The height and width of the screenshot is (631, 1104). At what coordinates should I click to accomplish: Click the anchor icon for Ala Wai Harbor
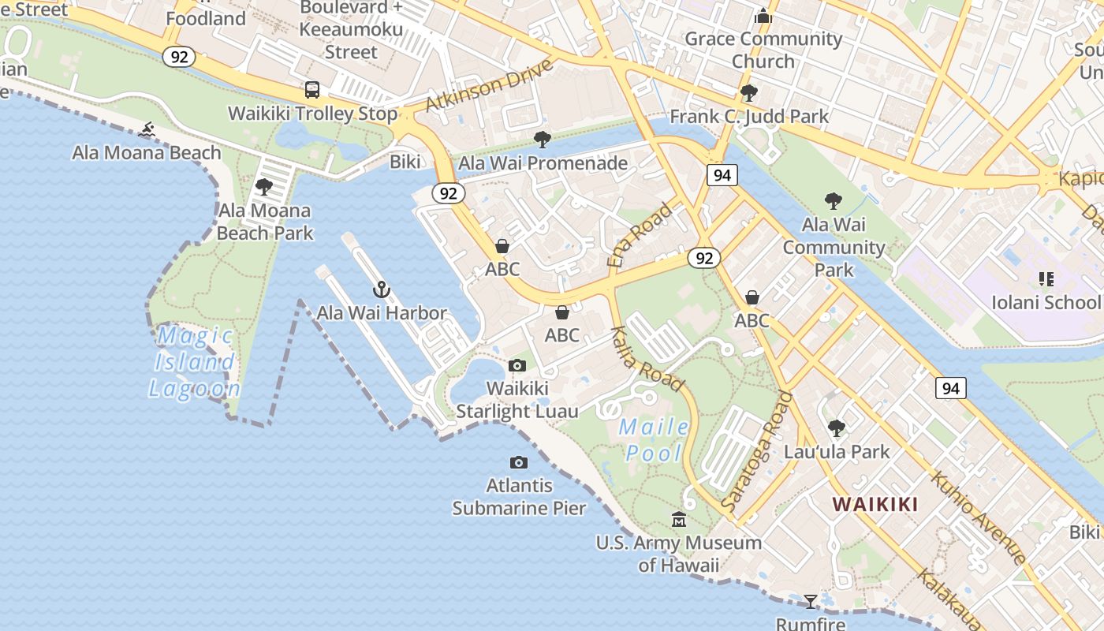(x=382, y=289)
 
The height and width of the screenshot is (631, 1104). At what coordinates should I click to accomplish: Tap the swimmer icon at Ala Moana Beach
(x=147, y=129)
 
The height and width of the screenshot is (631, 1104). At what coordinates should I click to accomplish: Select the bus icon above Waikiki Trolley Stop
(x=312, y=90)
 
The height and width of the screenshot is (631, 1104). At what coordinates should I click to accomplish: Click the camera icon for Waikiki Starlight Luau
(x=517, y=365)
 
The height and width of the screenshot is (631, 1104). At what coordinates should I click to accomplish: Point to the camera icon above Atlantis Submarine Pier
(x=518, y=462)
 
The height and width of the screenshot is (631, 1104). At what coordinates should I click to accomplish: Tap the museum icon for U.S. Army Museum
(x=678, y=519)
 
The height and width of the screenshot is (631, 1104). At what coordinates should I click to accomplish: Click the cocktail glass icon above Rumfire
(x=810, y=602)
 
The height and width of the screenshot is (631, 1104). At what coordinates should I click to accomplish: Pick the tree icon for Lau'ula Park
(x=836, y=428)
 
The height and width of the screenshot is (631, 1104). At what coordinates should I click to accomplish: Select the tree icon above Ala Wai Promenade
(x=543, y=140)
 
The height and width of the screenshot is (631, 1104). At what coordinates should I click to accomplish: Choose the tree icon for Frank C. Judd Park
(x=749, y=93)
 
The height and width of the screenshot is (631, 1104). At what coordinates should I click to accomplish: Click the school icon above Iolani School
(x=1046, y=278)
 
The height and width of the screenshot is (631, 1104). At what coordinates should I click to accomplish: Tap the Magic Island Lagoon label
(x=194, y=362)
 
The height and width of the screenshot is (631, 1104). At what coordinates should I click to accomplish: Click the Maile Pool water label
(x=654, y=440)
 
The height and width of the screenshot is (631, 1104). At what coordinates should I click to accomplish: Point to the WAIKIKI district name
(x=875, y=504)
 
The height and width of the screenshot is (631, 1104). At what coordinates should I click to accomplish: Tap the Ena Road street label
(x=640, y=234)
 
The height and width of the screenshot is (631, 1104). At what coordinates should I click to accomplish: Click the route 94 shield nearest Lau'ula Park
(x=950, y=388)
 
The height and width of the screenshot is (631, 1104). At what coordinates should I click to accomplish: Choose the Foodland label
(x=207, y=18)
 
